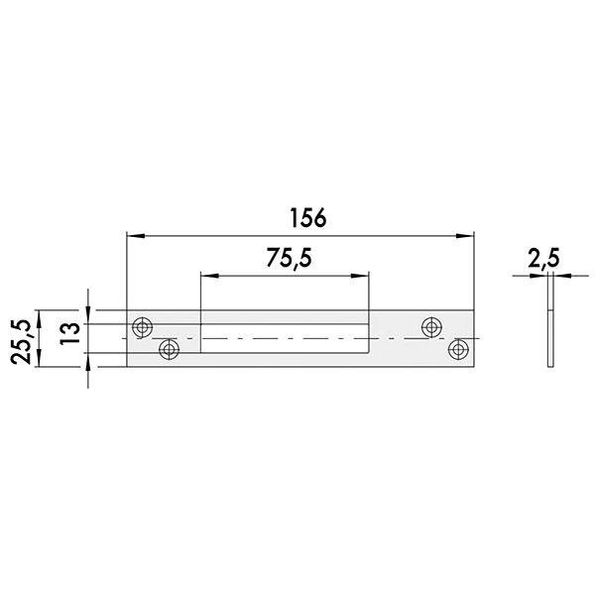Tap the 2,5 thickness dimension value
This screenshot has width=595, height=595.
[x=543, y=260]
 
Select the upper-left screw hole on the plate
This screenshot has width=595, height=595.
[x=144, y=325]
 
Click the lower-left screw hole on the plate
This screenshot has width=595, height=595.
[x=169, y=349]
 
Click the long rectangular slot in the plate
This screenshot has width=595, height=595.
[x=286, y=337]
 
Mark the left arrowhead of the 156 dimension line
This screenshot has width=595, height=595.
[x=136, y=236]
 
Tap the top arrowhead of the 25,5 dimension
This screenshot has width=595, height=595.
[x=37, y=315]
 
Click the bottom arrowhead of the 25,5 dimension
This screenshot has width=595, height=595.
[x=37, y=361]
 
